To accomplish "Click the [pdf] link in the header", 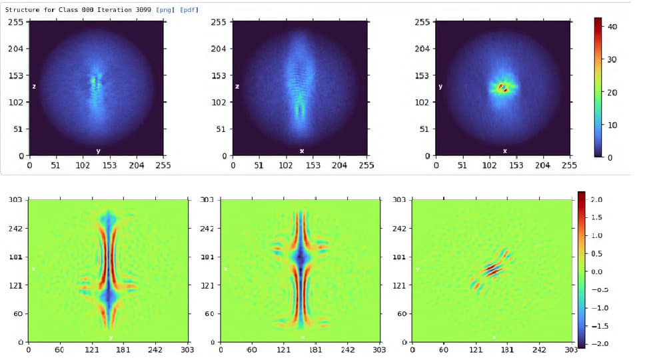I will (189, 10).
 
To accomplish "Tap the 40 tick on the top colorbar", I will (613, 27).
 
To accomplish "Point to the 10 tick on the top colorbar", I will (613, 125).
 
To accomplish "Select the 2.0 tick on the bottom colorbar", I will (596, 200).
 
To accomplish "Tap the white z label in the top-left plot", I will (34, 87).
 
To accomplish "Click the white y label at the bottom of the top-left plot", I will (98, 151).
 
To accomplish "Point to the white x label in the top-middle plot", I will (302, 151).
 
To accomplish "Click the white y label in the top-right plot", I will (440, 87).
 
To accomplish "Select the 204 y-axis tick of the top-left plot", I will (16, 49).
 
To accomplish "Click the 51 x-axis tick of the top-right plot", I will (462, 165).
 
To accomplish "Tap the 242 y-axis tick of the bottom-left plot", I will (15, 229).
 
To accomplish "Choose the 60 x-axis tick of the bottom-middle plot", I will (252, 349).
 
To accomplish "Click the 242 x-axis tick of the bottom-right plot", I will (539, 349).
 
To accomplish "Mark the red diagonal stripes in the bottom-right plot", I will (494, 269).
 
